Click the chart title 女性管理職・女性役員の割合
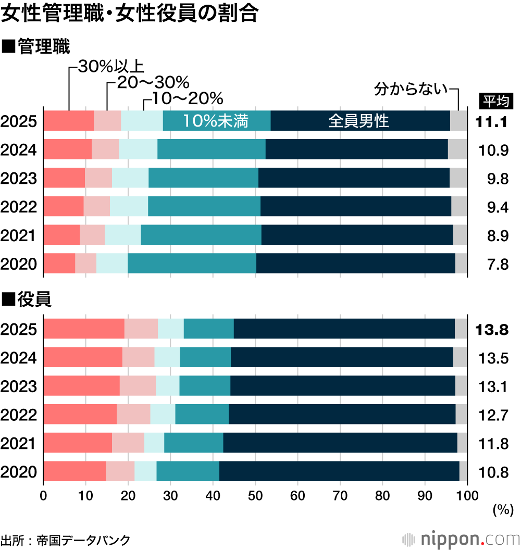click(130, 14)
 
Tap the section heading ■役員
click(27, 299)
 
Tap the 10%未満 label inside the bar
click(215, 121)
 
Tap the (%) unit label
click(503, 510)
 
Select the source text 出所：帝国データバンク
click(65, 540)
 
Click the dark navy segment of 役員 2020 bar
click(339, 471)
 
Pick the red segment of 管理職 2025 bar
click(68, 121)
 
